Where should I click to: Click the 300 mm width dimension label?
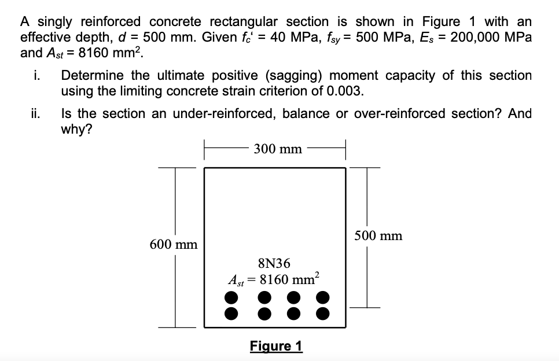click(x=278, y=149)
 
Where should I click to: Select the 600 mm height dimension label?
click(x=174, y=244)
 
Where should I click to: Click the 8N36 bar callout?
click(x=275, y=264)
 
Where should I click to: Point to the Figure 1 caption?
click(x=276, y=346)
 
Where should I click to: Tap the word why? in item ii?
click(x=78, y=129)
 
